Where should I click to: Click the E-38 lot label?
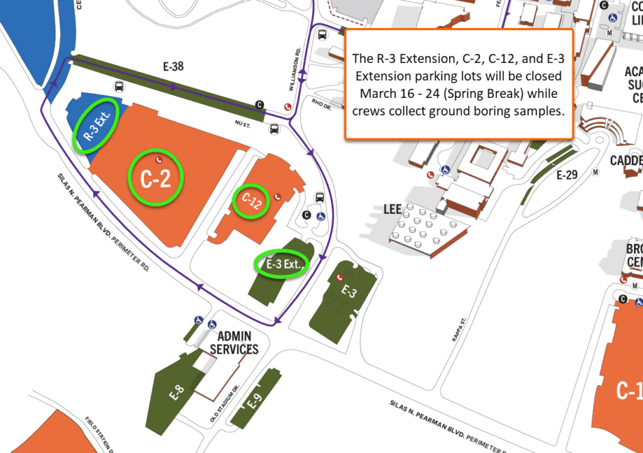coord(173,66)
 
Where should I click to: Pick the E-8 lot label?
coord(177,393)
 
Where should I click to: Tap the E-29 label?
coord(567,175)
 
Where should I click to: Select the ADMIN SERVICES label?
coord(234,343)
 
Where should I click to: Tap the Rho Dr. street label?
coord(321,103)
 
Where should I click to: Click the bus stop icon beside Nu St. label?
coord(275,128)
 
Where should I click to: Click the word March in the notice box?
coord(376,93)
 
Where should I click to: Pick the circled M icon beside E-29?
coord(596,172)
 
